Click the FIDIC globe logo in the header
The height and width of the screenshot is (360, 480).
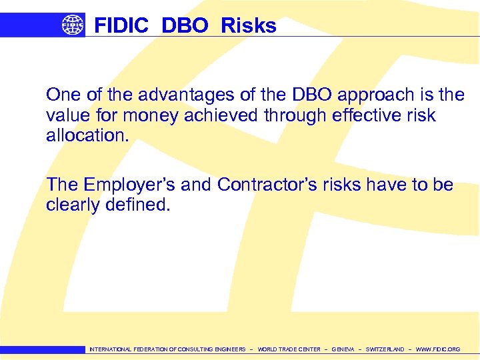(73, 25)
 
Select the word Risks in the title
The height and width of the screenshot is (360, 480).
(248, 25)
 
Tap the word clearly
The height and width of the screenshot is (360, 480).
(73, 205)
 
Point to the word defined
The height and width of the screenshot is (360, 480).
(138, 205)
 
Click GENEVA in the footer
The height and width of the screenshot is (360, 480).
(343, 349)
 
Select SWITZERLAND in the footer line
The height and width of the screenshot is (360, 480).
(385, 349)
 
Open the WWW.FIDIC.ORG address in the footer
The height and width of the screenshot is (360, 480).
(437, 349)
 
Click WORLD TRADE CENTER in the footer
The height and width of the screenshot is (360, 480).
(289, 349)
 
